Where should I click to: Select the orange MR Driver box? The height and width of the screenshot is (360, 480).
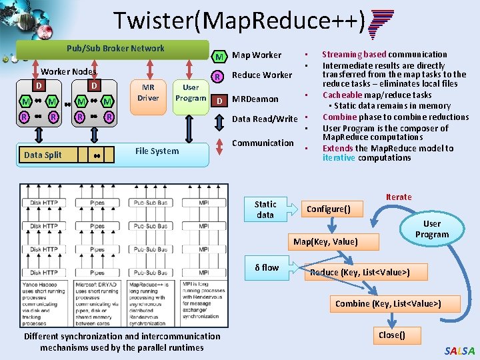pyautogui.click(x=148, y=93)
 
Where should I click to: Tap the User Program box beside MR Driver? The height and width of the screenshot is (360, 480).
pyautogui.click(x=191, y=93)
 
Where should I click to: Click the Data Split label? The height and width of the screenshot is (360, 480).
pyautogui.click(x=43, y=155)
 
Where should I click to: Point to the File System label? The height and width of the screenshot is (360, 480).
pyautogui.click(x=157, y=151)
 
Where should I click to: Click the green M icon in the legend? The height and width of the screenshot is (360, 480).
pyautogui.click(x=219, y=55)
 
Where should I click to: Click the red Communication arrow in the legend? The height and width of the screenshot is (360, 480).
pyautogui.click(x=218, y=143)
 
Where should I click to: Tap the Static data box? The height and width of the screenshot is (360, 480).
pyautogui.click(x=265, y=209)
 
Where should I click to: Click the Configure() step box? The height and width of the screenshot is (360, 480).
pyautogui.click(x=333, y=209)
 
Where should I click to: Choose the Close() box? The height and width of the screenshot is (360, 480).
pyautogui.click(x=391, y=335)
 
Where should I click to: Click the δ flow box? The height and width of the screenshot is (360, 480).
pyautogui.click(x=267, y=267)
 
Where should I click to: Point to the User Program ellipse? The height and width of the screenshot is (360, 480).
pyautogui.click(x=432, y=229)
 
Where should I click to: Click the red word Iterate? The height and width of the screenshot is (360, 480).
pyautogui.click(x=399, y=197)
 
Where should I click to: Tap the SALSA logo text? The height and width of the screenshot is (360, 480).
pyautogui.click(x=459, y=351)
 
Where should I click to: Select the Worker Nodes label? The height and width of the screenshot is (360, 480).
pyautogui.click(x=69, y=71)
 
